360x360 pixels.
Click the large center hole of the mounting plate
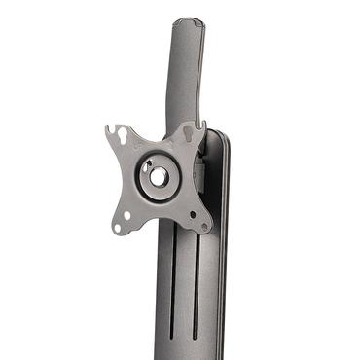157,178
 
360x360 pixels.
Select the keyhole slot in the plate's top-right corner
188,129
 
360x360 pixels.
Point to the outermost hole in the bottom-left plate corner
116,228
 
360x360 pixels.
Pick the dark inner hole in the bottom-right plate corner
192,214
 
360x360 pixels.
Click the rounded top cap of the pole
188,23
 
